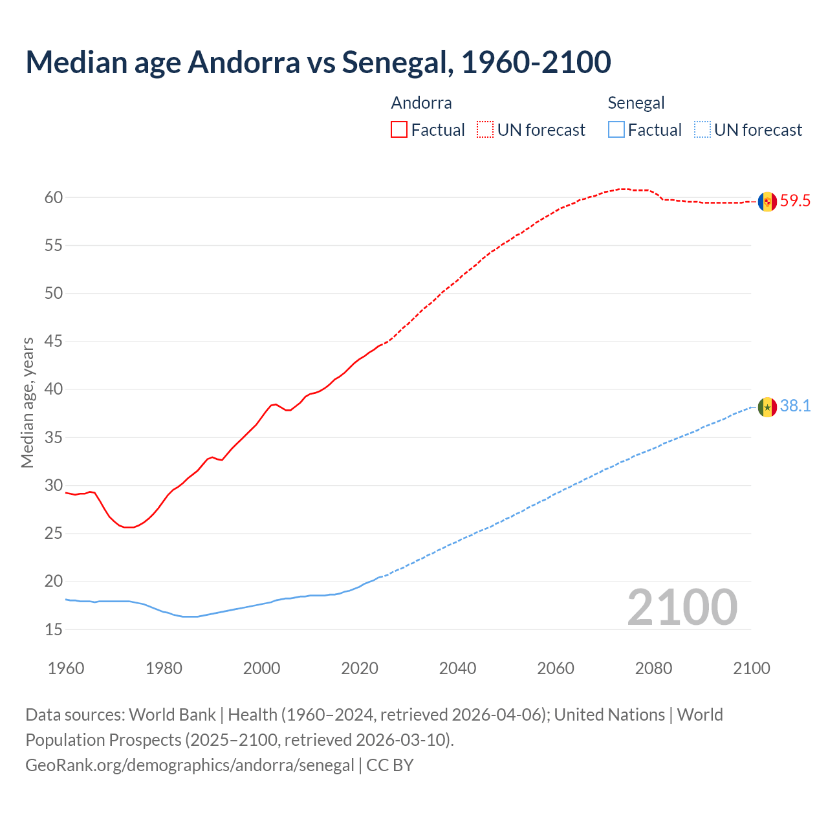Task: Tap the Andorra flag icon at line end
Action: pos(767,201)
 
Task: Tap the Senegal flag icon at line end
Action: pos(767,407)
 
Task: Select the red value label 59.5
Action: pos(795,201)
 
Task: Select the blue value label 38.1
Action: pos(795,406)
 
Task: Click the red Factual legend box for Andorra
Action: pos(399,130)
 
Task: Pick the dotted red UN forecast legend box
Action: pos(485,130)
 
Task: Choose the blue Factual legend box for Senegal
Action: pos(616,130)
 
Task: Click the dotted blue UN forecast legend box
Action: pos(702,130)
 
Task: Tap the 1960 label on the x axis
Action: pos(66,668)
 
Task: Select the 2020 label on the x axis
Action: pos(360,668)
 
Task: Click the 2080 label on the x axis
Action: pos(653,668)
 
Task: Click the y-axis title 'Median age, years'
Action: pos(27,402)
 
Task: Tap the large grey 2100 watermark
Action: pos(682,607)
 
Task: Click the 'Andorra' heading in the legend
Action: pos(421,103)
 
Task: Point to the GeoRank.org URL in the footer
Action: pos(190,765)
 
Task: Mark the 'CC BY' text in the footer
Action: pos(390,765)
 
